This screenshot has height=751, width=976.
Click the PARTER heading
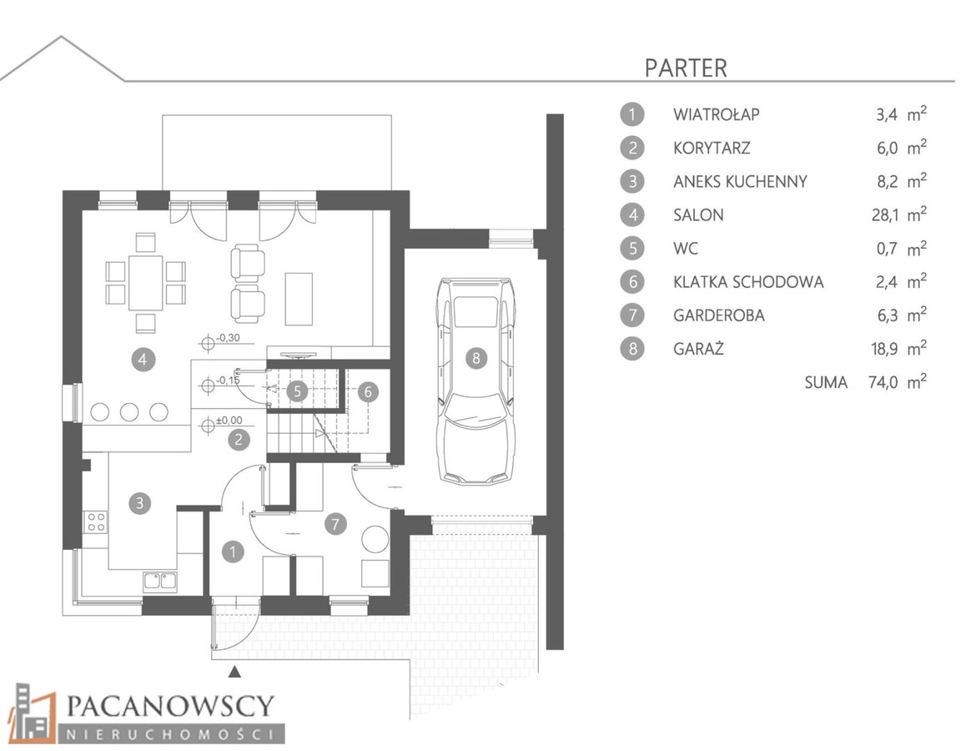(x=686, y=68)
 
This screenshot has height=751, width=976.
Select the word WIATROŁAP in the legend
(x=717, y=114)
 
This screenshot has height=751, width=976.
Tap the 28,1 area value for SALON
(x=884, y=215)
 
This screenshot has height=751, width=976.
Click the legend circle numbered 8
(x=632, y=348)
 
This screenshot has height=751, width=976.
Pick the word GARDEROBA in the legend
(x=719, y=315)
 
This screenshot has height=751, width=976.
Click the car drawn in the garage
(x=476, y=381)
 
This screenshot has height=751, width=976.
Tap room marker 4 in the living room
(x=143, y=360)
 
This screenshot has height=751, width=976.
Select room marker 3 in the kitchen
(x=140, y=503)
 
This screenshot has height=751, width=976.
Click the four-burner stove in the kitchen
(x=96, y=522)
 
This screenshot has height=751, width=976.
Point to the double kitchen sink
(x=161, y=581)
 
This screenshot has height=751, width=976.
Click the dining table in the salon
(x=146, y=283)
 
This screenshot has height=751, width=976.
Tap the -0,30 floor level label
(x=227, y=339)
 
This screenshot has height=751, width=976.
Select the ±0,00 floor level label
(x=229, y=421)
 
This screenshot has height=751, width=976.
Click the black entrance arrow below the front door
(x=234, y=671)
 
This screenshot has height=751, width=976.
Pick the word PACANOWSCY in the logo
(x=170, y=706)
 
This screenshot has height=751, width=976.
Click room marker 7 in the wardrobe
(x=335, y=524)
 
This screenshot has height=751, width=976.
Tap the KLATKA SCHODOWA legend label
(x=748, y=282)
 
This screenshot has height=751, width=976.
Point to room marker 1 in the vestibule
(x=233, y=552)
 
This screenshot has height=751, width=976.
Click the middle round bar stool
(x=129, y=411)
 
